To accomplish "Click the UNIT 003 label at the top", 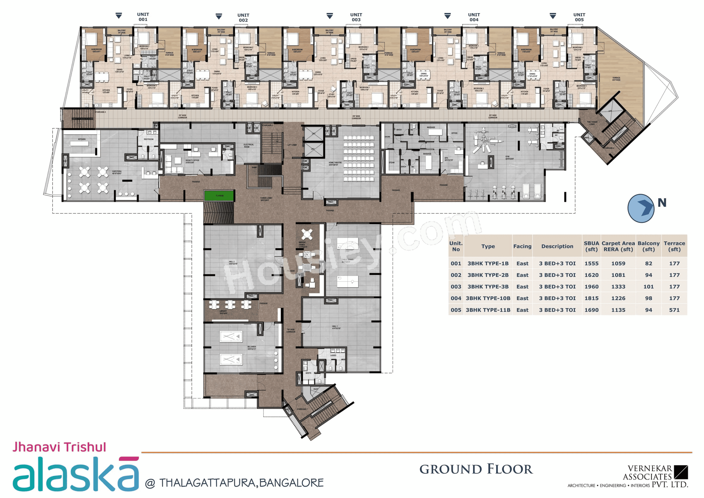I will click(356, 17).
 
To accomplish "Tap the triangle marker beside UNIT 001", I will click(119, 16).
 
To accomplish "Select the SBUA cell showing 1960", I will click(591, 287).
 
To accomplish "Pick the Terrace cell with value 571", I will click(674, 310).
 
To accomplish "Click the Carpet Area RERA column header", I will click(618, 246).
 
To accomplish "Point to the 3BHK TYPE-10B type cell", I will click(488, 298).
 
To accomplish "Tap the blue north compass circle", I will click(641, 208).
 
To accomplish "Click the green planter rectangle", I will click(219, 195).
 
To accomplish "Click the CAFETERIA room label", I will click(117, 172).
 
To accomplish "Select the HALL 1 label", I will click(335, 327).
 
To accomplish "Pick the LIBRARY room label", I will click(223, 312).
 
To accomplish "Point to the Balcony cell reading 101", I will click(648, 287).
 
